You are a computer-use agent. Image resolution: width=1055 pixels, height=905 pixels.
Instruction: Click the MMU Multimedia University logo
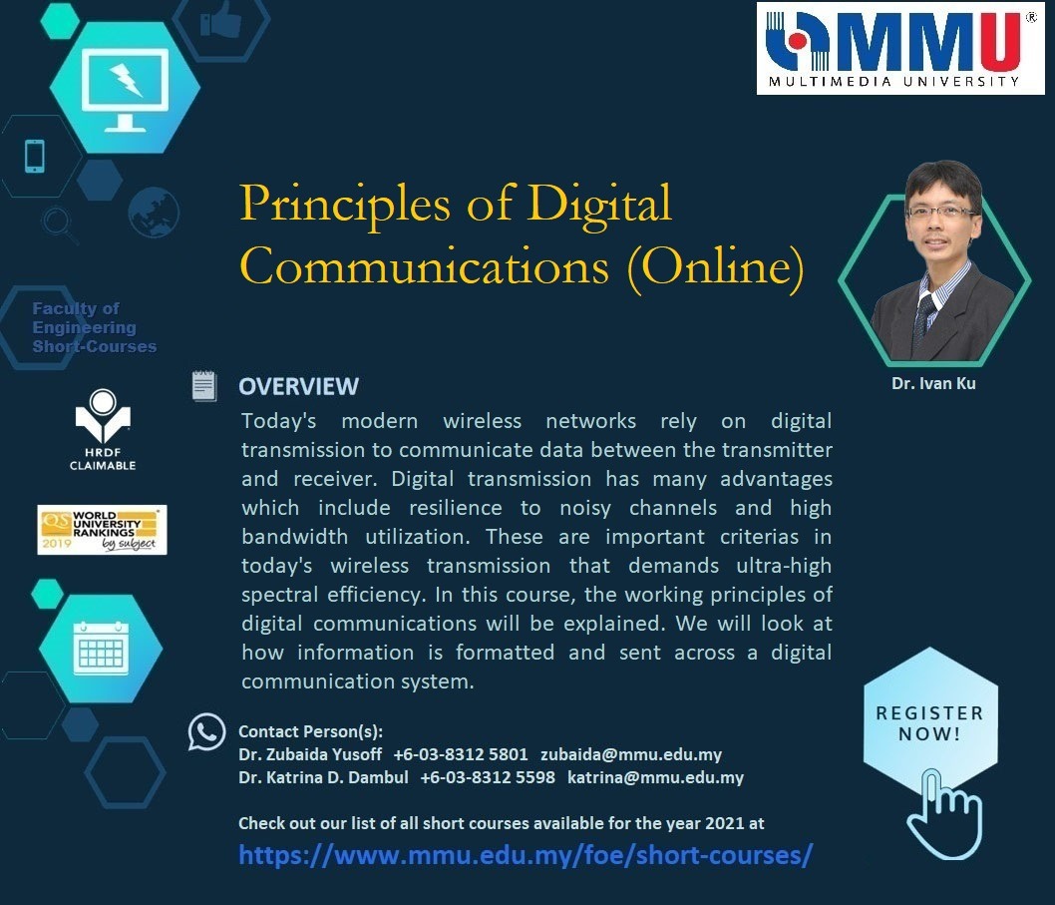click(900, 48)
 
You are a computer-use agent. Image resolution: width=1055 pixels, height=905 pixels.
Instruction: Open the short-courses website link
click(526, 855)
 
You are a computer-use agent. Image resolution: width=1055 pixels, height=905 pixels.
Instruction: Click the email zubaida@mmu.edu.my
click(631, 755)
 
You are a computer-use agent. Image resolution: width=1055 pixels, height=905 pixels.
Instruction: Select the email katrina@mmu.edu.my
click(655, 777)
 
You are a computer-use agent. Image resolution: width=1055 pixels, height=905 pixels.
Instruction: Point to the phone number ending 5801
click(461, 755)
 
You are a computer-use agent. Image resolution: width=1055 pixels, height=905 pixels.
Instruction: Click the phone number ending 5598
click(488, 777)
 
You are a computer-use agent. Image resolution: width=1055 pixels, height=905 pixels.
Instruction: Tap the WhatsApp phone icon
click(206, 731)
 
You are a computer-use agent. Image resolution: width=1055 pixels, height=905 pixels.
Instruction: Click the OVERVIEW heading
click(299, 386)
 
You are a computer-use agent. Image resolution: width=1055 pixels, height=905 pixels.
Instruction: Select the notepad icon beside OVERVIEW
click(203, 386)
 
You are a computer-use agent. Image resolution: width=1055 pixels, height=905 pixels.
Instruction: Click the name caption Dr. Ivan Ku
click(933, 384)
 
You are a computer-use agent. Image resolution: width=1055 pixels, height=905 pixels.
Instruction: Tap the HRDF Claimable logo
click(103, 430)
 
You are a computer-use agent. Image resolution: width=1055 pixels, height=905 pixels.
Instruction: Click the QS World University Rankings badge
click(103, 530)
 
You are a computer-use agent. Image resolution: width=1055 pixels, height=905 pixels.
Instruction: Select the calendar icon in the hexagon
click(101, 648)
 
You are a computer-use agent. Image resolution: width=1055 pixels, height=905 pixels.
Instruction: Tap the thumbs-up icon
click(220, 19)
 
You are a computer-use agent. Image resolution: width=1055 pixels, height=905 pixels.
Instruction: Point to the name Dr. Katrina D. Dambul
click(323, 777)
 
